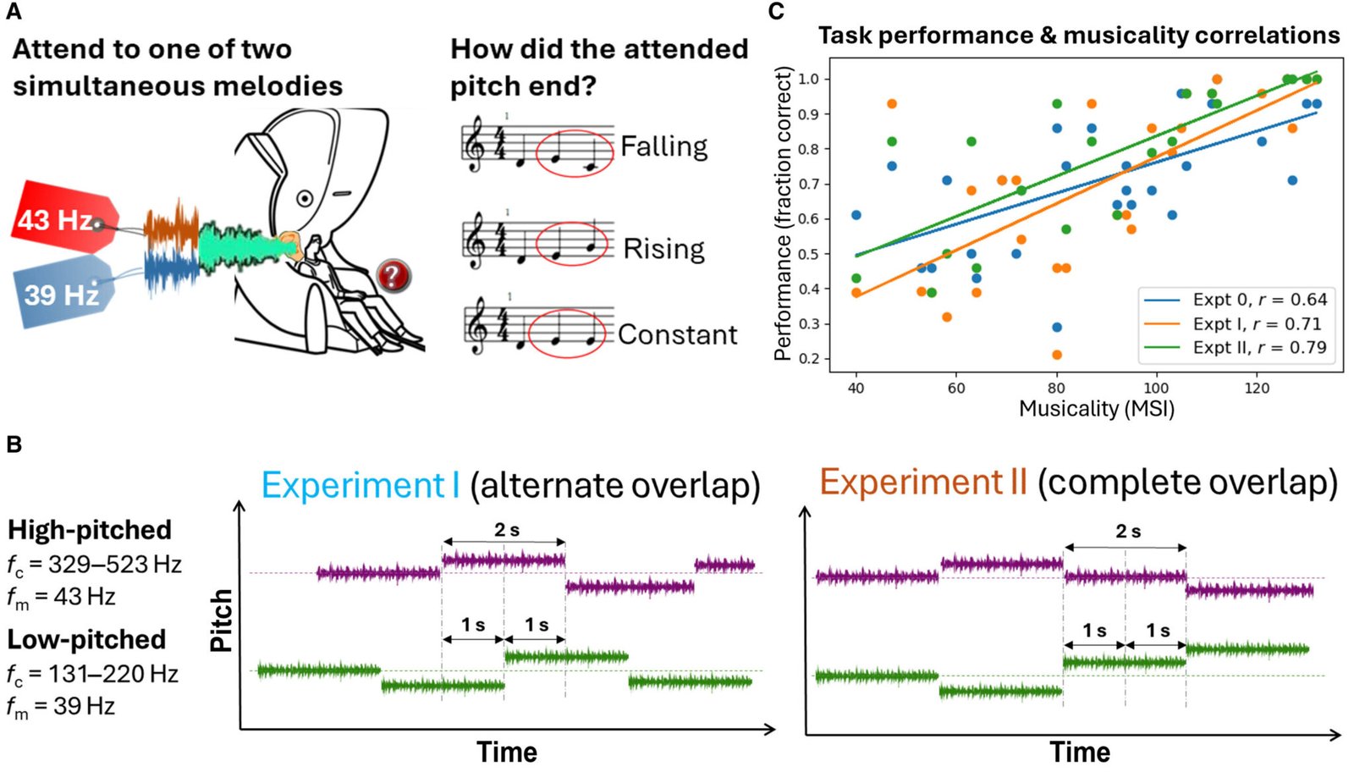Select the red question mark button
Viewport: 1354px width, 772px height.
coord(393,275)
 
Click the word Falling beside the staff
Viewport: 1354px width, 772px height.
coord(663,146)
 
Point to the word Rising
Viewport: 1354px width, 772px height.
coord(663,249)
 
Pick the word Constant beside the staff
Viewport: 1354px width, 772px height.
coord(677,334)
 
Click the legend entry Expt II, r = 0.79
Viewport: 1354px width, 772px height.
coord(1258,348)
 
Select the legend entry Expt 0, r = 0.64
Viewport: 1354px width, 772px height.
coord(1258,300)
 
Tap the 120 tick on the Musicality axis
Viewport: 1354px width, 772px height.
coord(1257,388)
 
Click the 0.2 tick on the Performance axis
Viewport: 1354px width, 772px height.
coord(809,358)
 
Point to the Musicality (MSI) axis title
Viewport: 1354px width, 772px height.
coord(1096,409)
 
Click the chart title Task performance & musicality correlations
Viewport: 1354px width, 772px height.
coord(1078,36)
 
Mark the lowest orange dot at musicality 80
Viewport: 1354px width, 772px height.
coord(1056,355)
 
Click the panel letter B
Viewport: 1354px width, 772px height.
coord(14,444)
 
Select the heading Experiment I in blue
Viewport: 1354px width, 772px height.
coord(361,485)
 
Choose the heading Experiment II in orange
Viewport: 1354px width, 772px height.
coord(922,482)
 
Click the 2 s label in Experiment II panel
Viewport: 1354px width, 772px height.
coord(1127,532)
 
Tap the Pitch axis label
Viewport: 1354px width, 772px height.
coord(222,620)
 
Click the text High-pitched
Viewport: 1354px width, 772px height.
coord(90,530)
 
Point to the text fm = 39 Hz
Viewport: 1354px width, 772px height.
coord(61,706)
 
